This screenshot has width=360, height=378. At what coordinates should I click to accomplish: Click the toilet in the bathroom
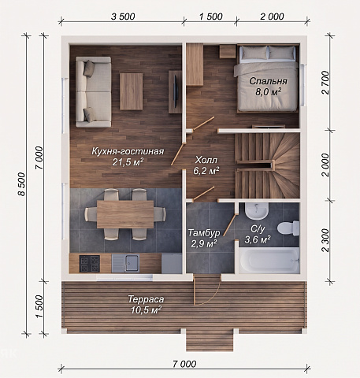pos(288,228)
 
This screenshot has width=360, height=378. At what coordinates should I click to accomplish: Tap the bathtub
pos(269,261)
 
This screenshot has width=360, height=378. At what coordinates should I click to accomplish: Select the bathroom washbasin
pos(257,211)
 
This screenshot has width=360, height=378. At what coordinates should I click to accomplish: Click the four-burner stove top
pos(90,264)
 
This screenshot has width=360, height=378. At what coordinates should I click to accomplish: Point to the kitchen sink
pos(125,263)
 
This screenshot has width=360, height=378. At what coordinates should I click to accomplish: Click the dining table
pos(125,214)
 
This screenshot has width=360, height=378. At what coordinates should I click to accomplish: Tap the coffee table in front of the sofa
pos(132,91)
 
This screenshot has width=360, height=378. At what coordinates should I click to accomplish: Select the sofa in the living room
pos(93,92)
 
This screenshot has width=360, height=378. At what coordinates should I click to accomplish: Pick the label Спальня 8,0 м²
pos(268,86)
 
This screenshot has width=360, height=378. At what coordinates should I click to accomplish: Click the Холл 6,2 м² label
pos(206,165)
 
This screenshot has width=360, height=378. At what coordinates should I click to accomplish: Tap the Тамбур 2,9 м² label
pos(204,238)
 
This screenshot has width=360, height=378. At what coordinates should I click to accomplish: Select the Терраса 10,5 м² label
pos(146,305)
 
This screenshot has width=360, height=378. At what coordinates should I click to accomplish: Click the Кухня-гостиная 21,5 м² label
pos(128,157)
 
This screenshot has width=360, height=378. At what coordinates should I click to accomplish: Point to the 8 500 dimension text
pos(21,184)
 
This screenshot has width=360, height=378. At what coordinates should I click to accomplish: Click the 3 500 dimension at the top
pos(123,17)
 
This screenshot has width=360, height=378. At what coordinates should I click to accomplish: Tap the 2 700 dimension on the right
pos(325,83)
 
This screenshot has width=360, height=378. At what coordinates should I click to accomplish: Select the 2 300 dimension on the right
pos(325,240)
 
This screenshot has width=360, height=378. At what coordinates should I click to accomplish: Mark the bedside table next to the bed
pos(228,51)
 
